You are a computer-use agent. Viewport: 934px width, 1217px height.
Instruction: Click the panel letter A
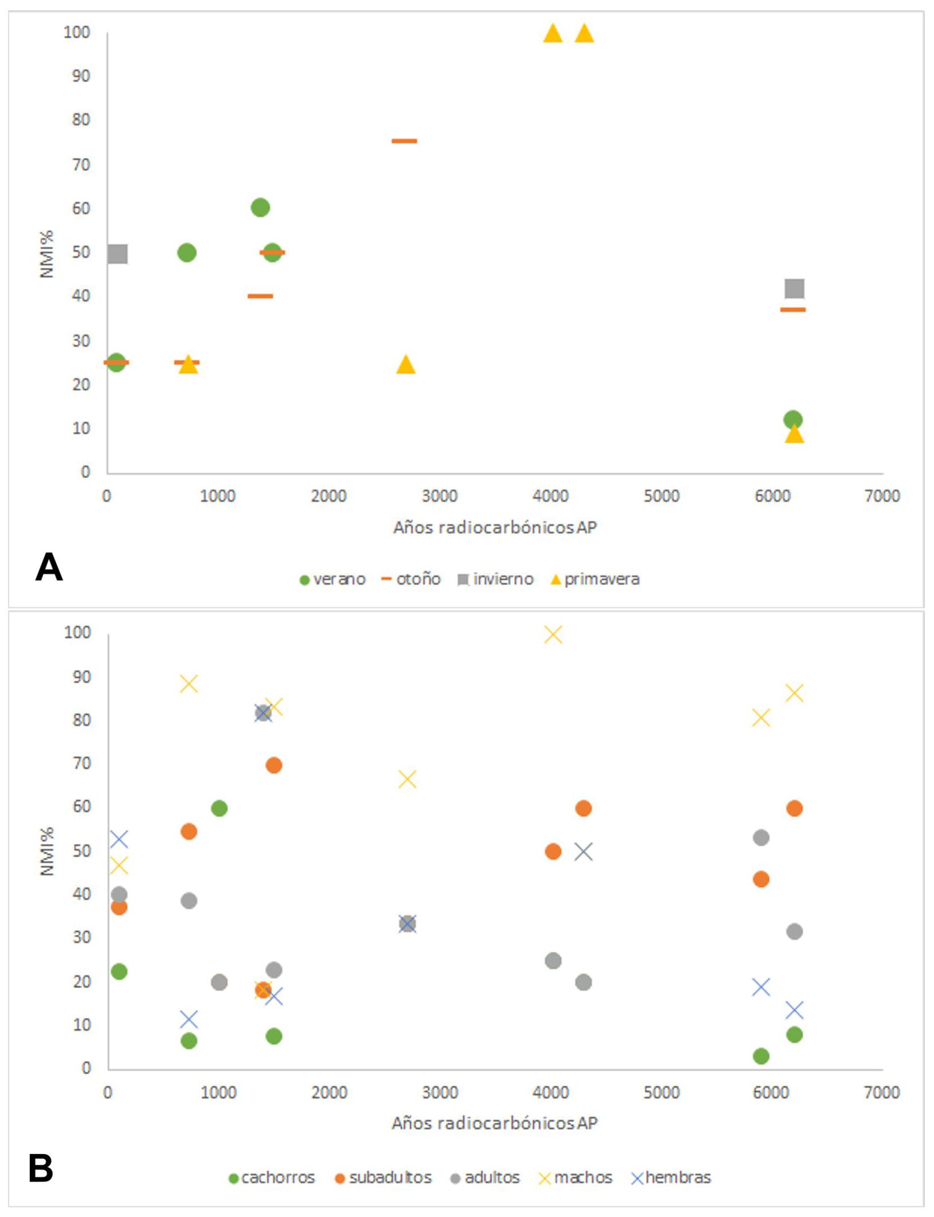(x=49, y=567)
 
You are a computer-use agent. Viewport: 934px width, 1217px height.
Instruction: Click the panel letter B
(x=40, y=1168)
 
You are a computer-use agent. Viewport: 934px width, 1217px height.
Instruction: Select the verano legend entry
(x=333, y=580)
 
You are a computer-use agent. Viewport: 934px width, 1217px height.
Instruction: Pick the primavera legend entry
(x=595, y=580)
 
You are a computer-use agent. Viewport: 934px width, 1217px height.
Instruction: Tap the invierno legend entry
(x=496, y=580)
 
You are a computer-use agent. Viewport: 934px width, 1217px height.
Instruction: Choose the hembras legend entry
(x=671, y=1178)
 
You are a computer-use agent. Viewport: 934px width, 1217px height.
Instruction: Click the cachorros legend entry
(x=272, y=1178)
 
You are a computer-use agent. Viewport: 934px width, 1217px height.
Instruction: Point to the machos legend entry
(x=576, y=1178)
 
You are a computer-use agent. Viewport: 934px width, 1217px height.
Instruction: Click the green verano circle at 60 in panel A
(x=260, y=208)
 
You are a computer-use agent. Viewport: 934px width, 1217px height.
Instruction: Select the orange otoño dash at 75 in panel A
(x=404, y=141)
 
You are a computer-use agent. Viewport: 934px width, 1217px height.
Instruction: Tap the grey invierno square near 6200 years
(x=794, y=288)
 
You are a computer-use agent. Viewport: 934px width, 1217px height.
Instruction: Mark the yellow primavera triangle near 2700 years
(x=406, y=365)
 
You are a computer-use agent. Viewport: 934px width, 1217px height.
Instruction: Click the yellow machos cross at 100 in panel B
(x=553, y=635)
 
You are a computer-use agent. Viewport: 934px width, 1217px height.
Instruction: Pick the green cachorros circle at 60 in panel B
(x=219, y=808)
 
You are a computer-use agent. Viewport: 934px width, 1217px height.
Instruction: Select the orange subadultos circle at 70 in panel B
(x=273, y=765)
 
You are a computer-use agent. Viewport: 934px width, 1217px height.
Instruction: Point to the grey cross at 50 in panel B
(x=583, y=852)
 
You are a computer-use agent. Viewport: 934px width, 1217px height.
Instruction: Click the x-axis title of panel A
(x=495, y=527)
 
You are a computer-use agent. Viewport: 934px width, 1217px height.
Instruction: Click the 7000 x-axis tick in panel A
(x=882, y=496)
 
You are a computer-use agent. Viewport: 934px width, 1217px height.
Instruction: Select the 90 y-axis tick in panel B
(x=77, y=677)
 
